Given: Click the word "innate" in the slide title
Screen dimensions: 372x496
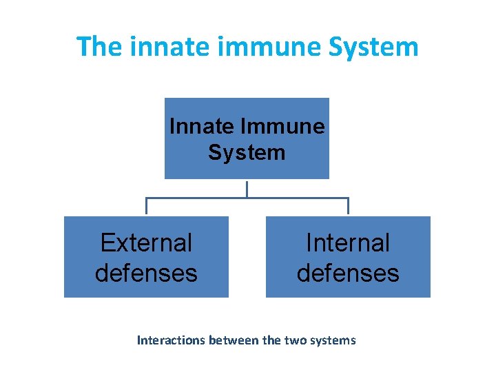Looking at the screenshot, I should point(156,47).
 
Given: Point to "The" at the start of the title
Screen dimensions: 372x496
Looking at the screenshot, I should point(99,47).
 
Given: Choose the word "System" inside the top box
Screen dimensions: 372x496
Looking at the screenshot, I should point(247,152).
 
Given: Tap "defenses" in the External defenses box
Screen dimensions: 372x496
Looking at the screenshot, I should point(146,273).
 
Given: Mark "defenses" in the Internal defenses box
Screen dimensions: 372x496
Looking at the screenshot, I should point(348,273).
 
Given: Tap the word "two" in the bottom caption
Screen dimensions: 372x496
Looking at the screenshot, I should point(298,340).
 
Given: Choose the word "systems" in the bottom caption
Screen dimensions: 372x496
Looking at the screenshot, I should point(335,340).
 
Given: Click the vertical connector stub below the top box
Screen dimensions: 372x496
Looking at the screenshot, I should point(247,188).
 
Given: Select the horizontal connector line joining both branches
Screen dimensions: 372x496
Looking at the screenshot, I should point(207,198).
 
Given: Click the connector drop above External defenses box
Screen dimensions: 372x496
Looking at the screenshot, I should point(146,207).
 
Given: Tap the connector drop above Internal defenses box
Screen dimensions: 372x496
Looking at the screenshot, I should point(348,207).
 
